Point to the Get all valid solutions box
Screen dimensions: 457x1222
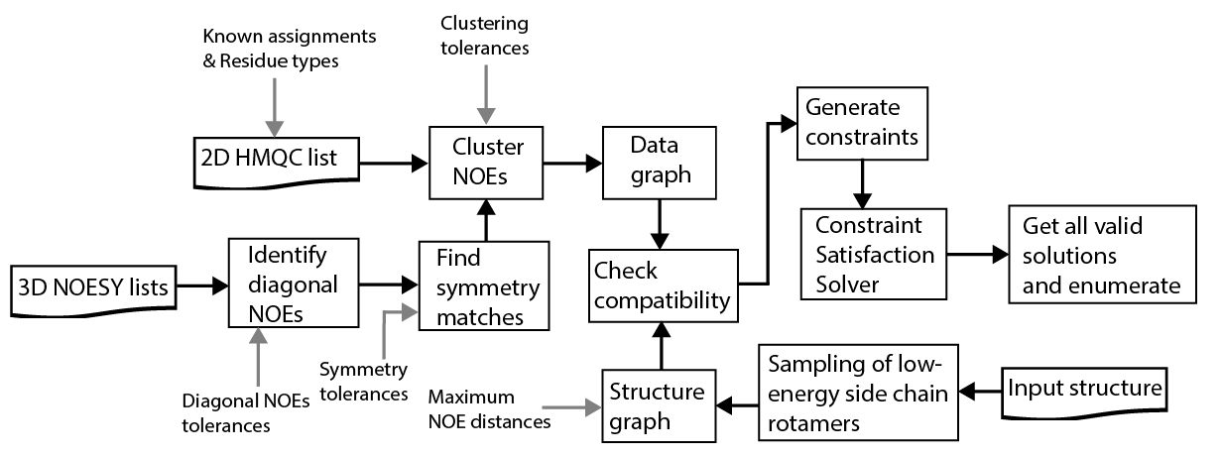tap(1096, 255)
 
